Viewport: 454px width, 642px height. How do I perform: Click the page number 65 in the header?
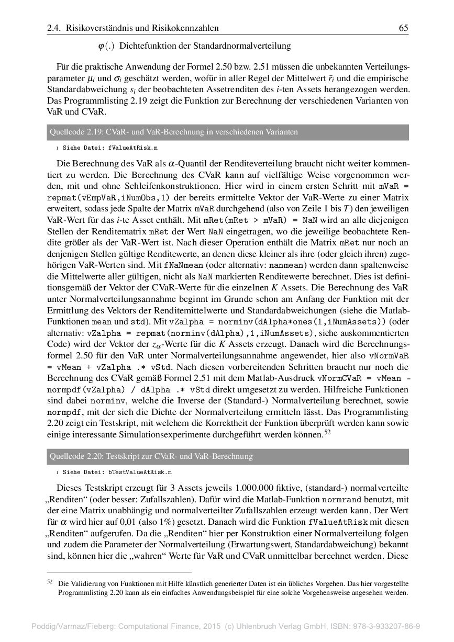pos(403,28)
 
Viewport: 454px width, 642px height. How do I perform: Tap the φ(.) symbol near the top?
pos(106,47)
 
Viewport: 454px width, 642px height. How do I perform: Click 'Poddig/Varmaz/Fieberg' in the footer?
pos(72,626)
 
